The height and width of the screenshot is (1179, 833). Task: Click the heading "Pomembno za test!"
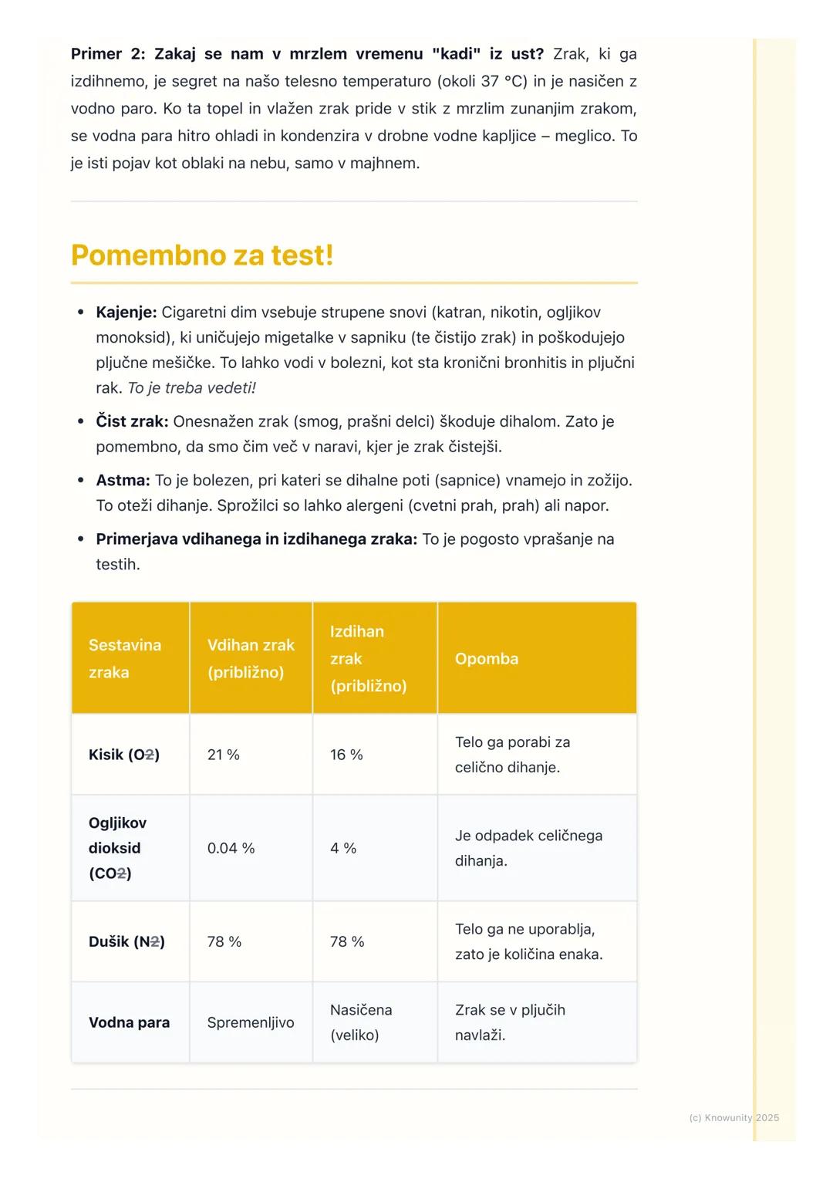[202, 255]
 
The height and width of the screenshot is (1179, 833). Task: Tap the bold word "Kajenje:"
[126, 312]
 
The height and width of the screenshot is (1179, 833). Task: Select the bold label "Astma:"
[122, 481]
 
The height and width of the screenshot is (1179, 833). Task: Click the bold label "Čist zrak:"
[131, 422]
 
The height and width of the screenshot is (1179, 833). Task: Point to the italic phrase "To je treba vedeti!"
[191, 388]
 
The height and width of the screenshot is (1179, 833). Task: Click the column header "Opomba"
[486, 659]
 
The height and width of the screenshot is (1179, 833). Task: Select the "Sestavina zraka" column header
[124, 658]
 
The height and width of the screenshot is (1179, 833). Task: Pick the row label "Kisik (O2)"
[123, 755]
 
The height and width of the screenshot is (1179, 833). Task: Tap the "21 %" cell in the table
[223, 755]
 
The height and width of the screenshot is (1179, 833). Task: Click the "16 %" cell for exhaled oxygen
[346, 755]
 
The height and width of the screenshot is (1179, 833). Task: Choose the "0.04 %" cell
[231, 848]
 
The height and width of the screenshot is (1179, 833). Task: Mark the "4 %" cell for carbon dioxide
[343, 848]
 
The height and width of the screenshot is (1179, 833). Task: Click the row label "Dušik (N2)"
[126, 941]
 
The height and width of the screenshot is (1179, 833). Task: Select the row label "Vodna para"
[129, 1022]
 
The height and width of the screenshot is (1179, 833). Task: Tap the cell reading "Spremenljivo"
[251, 1022]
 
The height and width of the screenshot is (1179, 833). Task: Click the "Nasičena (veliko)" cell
[360, 1022]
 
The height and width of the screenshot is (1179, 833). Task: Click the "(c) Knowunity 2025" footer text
[734, 1117]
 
